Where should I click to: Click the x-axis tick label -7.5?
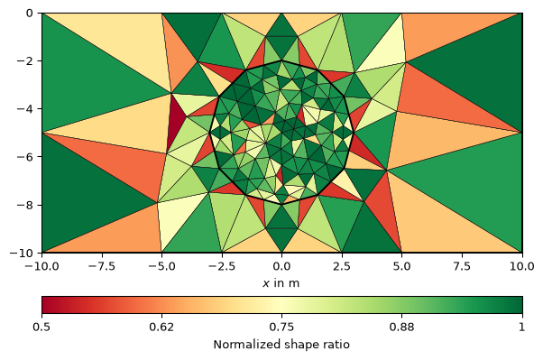101,266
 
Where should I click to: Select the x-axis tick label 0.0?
281,266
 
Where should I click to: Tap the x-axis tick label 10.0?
521,266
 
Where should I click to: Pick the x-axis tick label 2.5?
342,266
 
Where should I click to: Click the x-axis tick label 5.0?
401,266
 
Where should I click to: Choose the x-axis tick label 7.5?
462,266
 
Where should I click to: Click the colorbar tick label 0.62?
161,328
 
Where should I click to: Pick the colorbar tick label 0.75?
281,328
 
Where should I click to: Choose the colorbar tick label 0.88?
401,328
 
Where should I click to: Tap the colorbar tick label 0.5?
41,328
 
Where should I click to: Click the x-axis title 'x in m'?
281,283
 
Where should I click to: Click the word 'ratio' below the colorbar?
338,345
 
